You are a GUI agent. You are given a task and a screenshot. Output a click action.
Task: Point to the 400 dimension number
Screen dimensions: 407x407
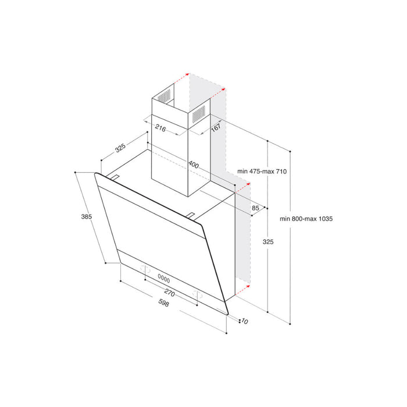tap(194, 166)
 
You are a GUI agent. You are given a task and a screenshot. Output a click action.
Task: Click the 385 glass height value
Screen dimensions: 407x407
tap(87, 216)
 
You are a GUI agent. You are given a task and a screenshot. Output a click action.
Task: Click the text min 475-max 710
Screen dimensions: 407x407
tap(263, 172)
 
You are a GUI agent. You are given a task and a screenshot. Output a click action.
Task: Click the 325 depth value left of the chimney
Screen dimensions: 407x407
tap(120, 148)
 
